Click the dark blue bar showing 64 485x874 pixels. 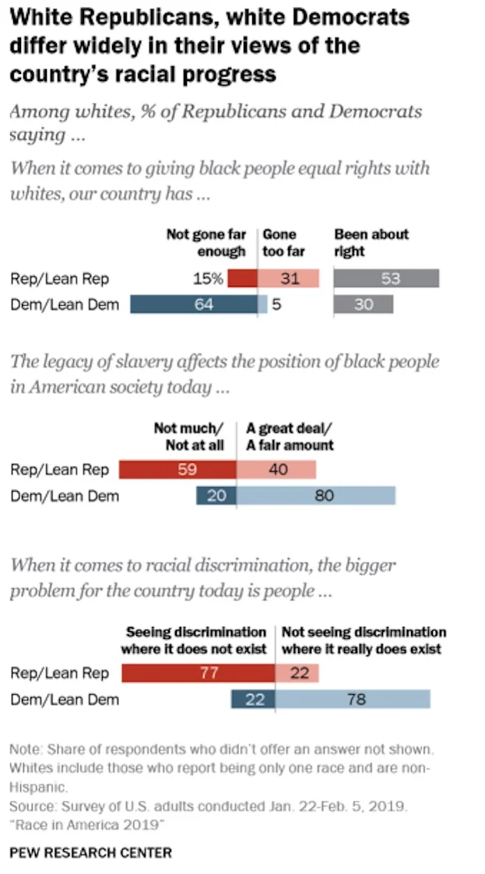pyautogui.click(x=194, y=304)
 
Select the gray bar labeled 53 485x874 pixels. pyautogui.click(x=386, y=278)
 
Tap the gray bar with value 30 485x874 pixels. pyautogui.click(x=364, y=304)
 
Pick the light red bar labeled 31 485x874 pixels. pyautogui.click(x=288, y=278)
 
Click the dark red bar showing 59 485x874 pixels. pyautogui.click(x=177, y=469)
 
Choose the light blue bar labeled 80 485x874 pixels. pyautogui.click(x=316, y=496)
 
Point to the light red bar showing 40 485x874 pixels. pyautogui.click(x=276, y=469)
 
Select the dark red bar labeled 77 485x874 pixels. pyautogui.click(x=199, y=673)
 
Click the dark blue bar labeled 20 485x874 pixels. pyautogui.click(x=216, y=496)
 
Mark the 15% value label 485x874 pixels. pyautogui.click(x=208, y=278)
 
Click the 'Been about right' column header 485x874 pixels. pyautogui.click(x=371, y=243)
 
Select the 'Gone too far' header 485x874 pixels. pyautogui.click(x=283, y=243)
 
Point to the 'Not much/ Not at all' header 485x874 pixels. pyautogui.click(x=189, y=437)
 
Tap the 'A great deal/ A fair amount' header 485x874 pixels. pyautogui.click(x=290, y=437)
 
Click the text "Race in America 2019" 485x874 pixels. pyautogui.click(x=87, y=826)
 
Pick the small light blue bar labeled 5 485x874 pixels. pyautogui.click(x=262, y=304)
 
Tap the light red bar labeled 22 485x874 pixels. pyautogui.click(x=297, y=673)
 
